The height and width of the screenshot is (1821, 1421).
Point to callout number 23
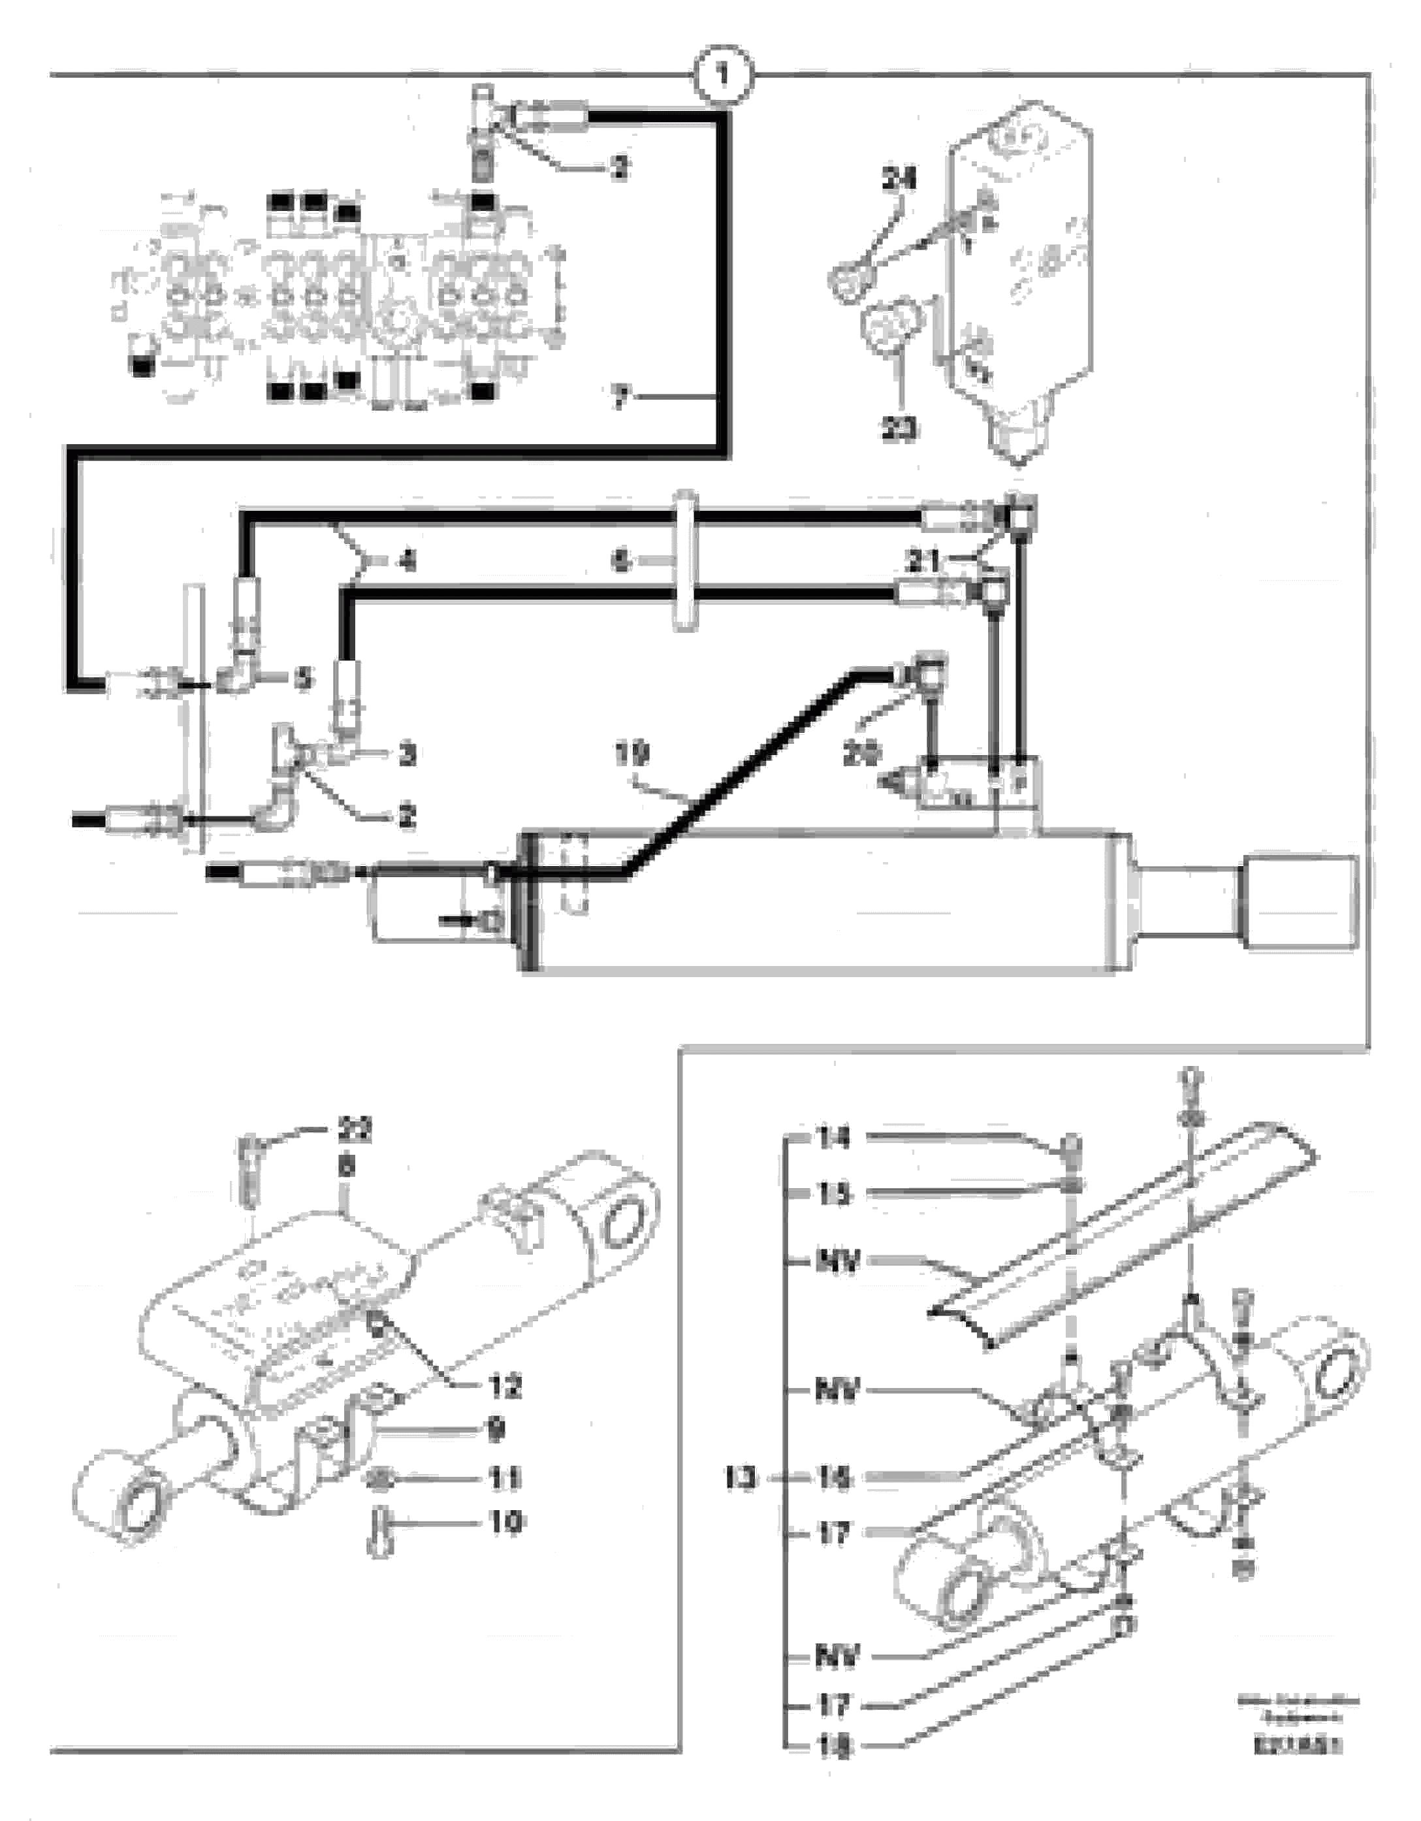899,428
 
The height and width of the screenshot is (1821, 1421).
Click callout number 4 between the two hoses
406,561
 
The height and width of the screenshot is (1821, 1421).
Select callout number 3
406,754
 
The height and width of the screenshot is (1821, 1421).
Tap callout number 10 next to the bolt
504,1523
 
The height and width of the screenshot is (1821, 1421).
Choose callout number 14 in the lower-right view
833,1138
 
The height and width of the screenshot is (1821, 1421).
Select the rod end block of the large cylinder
1300,901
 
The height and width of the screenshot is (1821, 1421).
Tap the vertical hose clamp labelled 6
684,561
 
